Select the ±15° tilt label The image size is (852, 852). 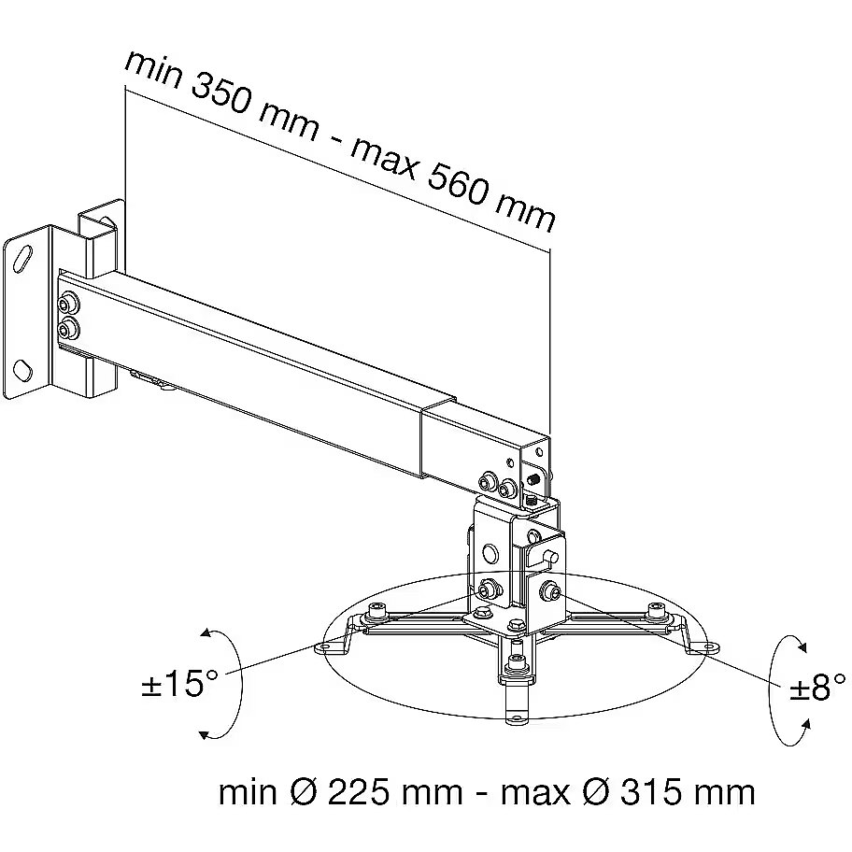point(179,683)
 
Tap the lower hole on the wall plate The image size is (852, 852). point(23,370)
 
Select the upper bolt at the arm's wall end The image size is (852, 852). point(69,304)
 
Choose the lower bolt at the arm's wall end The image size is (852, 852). point(68,328)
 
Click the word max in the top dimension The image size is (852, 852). point(383,159)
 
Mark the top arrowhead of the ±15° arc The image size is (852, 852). point(206,632)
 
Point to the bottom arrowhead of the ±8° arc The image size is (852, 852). point(806,723)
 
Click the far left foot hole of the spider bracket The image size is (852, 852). point(325,646)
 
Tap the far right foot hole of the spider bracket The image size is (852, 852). point(710,646)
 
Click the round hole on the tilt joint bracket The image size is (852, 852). point(490,553)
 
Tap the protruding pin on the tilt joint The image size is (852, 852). point(549,557)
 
